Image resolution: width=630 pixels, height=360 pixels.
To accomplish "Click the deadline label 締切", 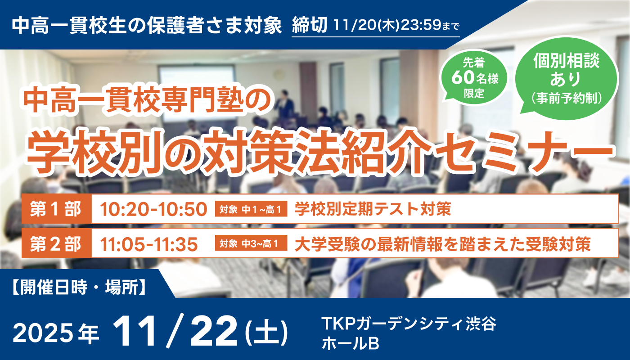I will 310,26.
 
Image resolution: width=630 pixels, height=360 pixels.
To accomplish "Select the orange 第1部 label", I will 56,209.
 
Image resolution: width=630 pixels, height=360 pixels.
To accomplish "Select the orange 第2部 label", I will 56,244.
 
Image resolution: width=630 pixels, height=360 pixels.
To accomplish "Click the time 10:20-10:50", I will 153,209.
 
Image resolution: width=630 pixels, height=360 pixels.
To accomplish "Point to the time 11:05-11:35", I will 149,244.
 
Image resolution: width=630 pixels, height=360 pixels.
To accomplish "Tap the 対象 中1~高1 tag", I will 251,210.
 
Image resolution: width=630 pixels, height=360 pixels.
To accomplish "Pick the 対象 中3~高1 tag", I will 251,244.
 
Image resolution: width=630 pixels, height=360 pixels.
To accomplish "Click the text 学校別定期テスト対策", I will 373,209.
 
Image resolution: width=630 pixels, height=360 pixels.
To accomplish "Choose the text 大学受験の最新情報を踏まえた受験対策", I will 442,244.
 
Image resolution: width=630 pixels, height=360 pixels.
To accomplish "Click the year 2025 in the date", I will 43,333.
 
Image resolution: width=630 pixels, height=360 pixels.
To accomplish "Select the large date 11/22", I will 175,332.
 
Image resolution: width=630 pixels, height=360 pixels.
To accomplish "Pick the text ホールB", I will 350,344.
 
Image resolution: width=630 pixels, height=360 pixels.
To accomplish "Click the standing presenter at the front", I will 284,103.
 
